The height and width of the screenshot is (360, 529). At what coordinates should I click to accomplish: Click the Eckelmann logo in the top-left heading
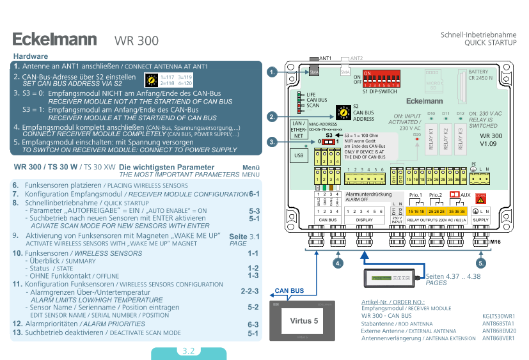(54, 39)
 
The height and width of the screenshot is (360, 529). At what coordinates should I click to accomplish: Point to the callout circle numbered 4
(338, 263)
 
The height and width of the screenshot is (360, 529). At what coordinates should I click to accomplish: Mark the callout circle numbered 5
(480, 263)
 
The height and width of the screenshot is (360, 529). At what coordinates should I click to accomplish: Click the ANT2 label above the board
(356, 58)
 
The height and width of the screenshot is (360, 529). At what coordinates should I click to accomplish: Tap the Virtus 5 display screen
(304, 320)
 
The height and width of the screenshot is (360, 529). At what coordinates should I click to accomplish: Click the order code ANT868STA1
(499, 324)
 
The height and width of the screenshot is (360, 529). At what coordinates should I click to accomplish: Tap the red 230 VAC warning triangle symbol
(480, 195)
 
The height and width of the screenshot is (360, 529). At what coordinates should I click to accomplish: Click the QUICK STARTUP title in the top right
(490, 42)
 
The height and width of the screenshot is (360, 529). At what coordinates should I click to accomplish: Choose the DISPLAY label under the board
(364, 219)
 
